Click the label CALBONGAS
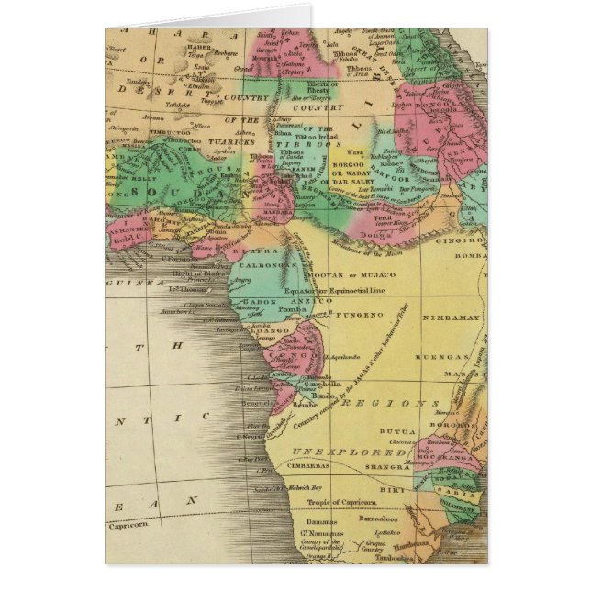tap(271, 263)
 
